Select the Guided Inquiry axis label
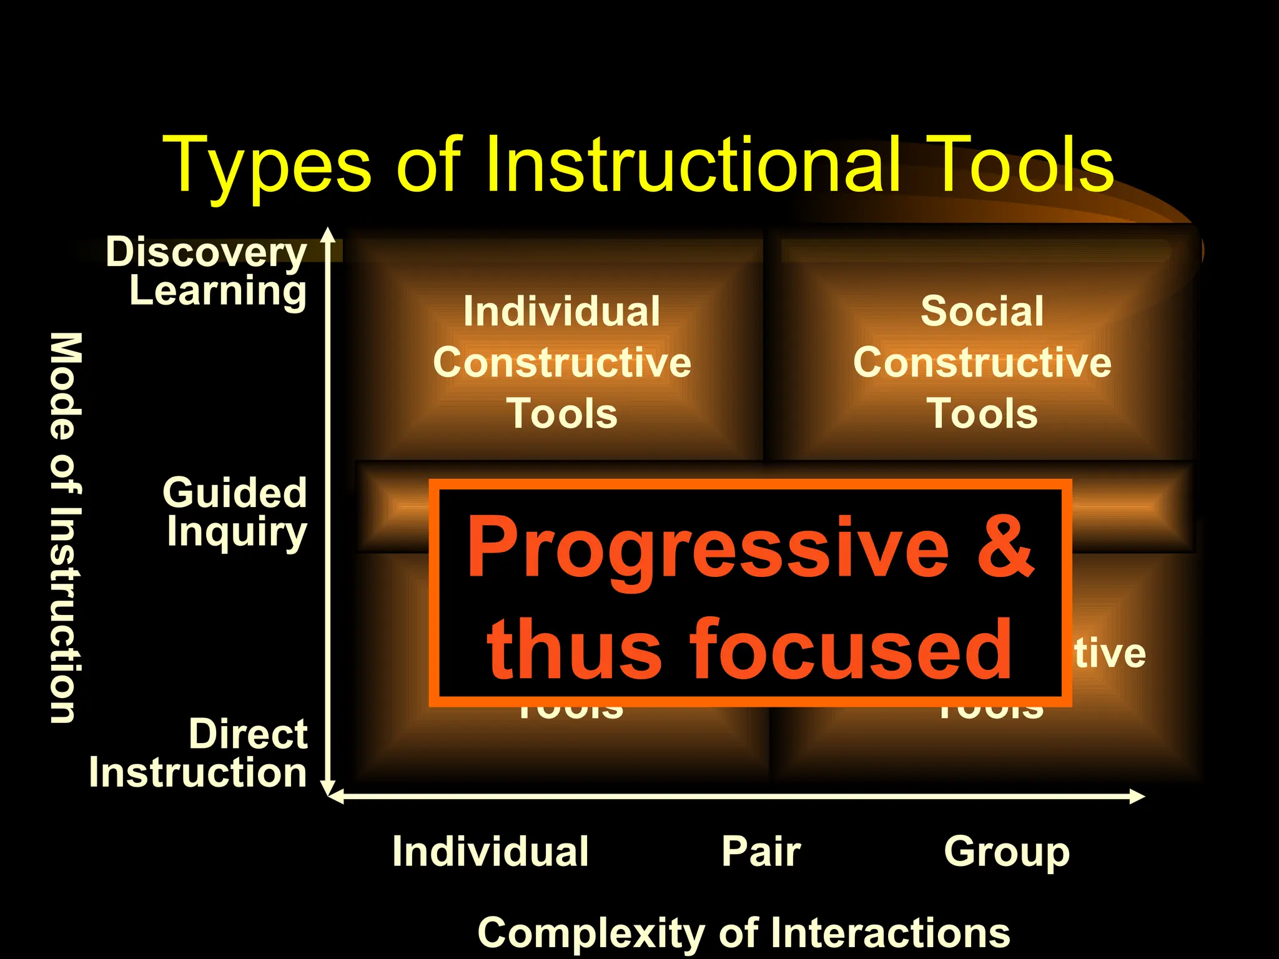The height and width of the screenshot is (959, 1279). click(235, 512)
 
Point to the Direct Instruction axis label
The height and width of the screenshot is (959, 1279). click(199, 753)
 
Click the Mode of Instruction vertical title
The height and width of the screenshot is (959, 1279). click(65, 528)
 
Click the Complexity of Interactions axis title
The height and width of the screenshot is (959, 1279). click(743, 933)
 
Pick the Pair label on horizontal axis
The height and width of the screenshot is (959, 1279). click(761, 852)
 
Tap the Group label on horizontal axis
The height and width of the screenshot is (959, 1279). click(1007, 852)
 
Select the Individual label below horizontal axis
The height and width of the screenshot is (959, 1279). click(490, 852)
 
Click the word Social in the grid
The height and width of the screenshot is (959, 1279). click(982, 311)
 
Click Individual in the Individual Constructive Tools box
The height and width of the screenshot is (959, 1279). click(561, 311)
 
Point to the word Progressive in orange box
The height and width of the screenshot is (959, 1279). click(708, 548)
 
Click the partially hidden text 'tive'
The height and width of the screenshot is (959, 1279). click(1110, 654)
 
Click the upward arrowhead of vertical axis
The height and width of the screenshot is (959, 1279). click(328, 235)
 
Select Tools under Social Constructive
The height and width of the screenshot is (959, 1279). click(982, 413)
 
